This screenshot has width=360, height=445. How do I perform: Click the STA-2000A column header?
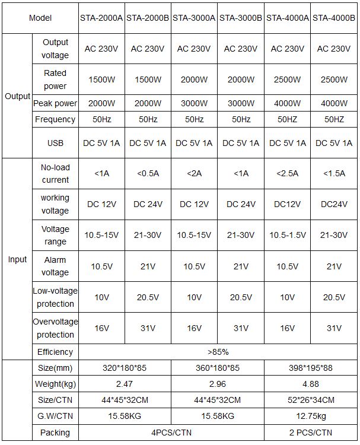(x=101, y=18)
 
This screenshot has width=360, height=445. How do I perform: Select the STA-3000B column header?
(x=241, y=18)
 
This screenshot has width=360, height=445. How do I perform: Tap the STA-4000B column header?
(x=334, y=18)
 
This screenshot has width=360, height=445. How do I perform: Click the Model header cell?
(x=40, y=18)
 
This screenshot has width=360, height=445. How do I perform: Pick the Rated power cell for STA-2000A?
(x=101, y=80)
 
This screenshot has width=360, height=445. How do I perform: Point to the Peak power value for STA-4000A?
(x=288, y=103)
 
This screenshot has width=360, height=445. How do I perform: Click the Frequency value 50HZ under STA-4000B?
(x=334, y=119)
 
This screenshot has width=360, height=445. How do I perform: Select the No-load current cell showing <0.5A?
(x=148, y=174)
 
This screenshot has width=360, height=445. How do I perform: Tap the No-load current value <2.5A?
(x=288, y=174)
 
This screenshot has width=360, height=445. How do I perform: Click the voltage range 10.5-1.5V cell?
(x=288, y=236)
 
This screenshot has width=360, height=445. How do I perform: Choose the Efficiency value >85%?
(x=218, y=352)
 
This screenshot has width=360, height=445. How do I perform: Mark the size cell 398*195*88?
(x=311, y=368)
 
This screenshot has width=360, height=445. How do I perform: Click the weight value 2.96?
(x=218, y=384)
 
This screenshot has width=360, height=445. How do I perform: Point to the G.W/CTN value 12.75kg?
(x=311, y=416)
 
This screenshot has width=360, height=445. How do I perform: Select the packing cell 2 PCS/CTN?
(x=311, y=433)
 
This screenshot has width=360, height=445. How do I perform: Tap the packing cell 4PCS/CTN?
(x=171, y=433)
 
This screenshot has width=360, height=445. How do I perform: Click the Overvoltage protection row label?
(x=55, y=328)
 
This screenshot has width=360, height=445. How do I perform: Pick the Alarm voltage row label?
(x=55, y=266)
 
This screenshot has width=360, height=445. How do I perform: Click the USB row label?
(x=55, y=143)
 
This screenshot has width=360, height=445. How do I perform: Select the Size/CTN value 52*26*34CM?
(x=311, y=400)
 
